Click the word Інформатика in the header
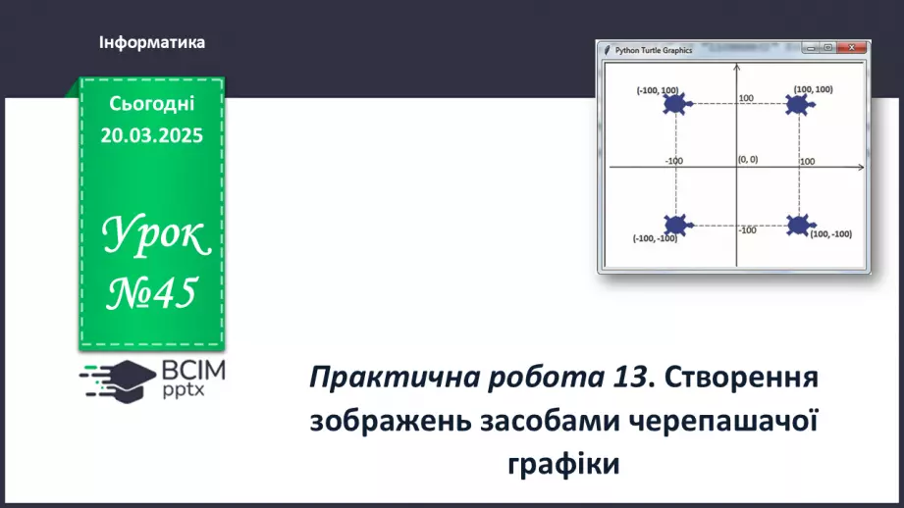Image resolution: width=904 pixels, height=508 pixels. pos(152,43)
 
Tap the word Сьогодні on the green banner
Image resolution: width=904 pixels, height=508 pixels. pos(152,104)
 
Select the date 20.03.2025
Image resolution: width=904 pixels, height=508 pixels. pos(152,135)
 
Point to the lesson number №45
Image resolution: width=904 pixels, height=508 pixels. pos(153,290)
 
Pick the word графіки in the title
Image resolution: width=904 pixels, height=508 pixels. pos(564,462)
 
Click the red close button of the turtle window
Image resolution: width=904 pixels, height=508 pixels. pos(857,47)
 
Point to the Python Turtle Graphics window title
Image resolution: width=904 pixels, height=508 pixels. pos(654,49)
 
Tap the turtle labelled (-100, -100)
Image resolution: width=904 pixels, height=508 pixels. pos(675,226)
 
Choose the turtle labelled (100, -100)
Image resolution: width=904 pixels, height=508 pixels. pos(799,225)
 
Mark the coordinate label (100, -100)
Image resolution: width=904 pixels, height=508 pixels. pos(830,234)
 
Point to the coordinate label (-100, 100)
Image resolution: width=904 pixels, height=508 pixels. pos(657,90)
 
